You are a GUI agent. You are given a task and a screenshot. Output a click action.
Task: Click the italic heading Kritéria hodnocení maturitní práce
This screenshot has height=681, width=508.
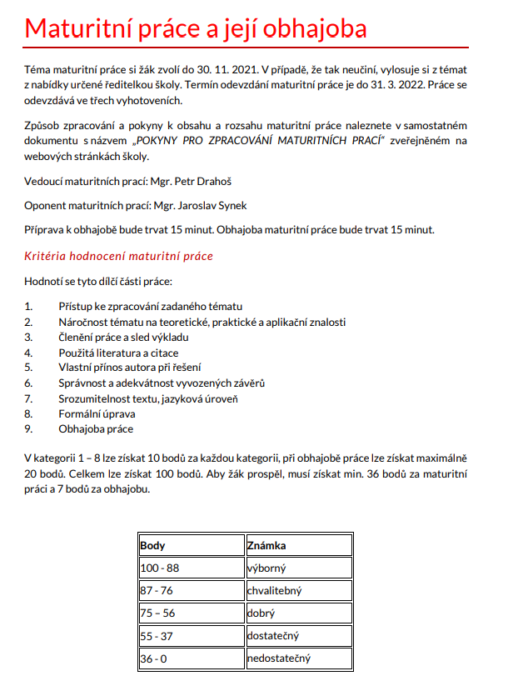pyautogui.click(x=119, y=256)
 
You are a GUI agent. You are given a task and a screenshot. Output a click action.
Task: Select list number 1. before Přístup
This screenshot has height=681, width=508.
pyautogui.click(x=29, y=307)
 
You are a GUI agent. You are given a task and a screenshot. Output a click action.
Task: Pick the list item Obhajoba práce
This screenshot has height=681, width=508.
pyautogui.click(x=96, y=428)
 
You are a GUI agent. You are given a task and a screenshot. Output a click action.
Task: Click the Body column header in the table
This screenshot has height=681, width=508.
pyautogui.click(x=153, y=546)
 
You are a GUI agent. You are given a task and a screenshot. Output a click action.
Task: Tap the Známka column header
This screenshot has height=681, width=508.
pyautogui.click(x=267, y=546)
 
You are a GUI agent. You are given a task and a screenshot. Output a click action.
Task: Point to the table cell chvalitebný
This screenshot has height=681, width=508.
pyautogui.click(x=274, y=591)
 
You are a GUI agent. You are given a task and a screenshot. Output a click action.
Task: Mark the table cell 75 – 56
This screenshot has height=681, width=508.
pyautogui.click(x=158, y=613)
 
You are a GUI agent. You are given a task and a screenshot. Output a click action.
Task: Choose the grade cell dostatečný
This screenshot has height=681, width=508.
pyautogui.click(x=272, y=636)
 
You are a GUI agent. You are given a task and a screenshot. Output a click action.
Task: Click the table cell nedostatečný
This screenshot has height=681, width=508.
pyautogui.click(x=279, y=658)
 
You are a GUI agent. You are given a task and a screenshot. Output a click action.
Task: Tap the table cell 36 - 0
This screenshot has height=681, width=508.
pyautogui.click(x=154, y=658)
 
